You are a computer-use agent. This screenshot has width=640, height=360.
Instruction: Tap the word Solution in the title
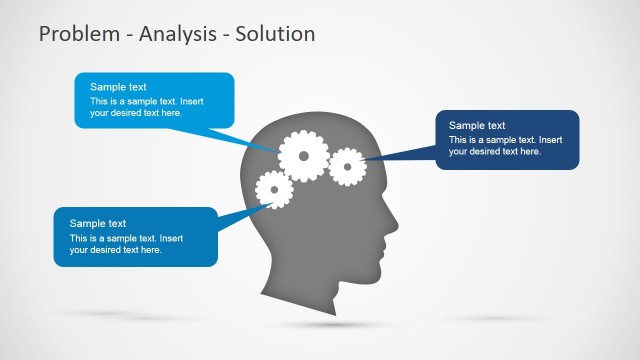275,34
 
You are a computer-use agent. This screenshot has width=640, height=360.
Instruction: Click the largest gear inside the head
302,156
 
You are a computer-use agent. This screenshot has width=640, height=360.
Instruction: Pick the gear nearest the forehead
347,166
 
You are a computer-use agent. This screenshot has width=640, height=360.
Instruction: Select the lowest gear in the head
273,189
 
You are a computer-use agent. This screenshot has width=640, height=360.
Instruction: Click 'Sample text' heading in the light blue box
116,87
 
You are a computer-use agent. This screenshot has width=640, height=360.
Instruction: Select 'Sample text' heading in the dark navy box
477,125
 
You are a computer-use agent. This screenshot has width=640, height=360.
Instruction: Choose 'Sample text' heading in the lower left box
97,223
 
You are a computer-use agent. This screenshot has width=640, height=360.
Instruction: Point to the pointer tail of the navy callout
400,157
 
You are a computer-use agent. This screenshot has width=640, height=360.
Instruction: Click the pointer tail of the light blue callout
250,140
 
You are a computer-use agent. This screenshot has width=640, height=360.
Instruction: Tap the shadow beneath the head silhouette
330,325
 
